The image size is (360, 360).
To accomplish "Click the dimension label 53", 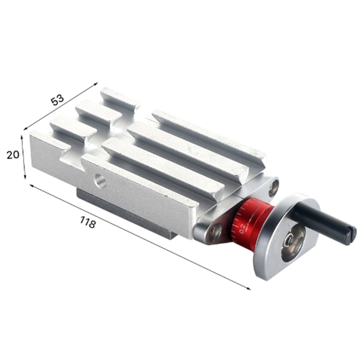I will [x=58, y=99].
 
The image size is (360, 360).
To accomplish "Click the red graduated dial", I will [x=252, y=223].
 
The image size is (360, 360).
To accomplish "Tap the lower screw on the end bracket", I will [x=216, y=232].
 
